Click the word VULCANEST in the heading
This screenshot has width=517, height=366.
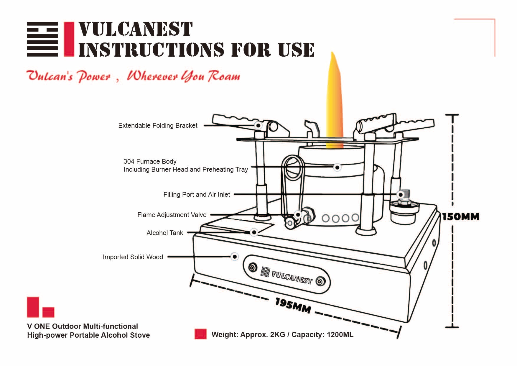pyautogui.click(x=135, y=29)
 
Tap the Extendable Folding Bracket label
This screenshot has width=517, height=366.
pyautogui.click(x=158, y=126)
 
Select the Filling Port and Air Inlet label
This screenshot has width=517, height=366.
pyautogui.click(x=197, y=195)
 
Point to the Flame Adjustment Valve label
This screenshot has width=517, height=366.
pyautogui.click(x=172, y=215)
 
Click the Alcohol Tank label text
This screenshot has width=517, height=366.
pyautogui.click(x=165, y=233)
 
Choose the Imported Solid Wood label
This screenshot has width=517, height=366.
pyautogui.click(x=133, y=257)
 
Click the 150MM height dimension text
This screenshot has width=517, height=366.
pyautogui.click(x=460, y=217)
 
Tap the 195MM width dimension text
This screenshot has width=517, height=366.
pyautogui.click(x=293, y=305)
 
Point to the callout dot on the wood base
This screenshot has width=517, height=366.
pyautogui.click(x=235, y=257)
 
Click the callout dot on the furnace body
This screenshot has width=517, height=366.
pyautogui.click(x=337, y=167)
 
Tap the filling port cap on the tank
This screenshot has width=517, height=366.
pyautogui.click(x=404, y=206)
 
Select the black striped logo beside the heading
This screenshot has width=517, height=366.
pyautogui.click(x=42, y=39)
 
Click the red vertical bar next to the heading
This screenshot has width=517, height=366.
pyautogui.click(x=69, y=39)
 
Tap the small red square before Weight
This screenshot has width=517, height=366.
pyautogui.click(x=200, y=334)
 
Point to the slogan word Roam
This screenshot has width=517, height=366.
pyautogui.click(x=224, y=76)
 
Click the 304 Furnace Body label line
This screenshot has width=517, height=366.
pyautogui.click(x=150, y=162)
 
